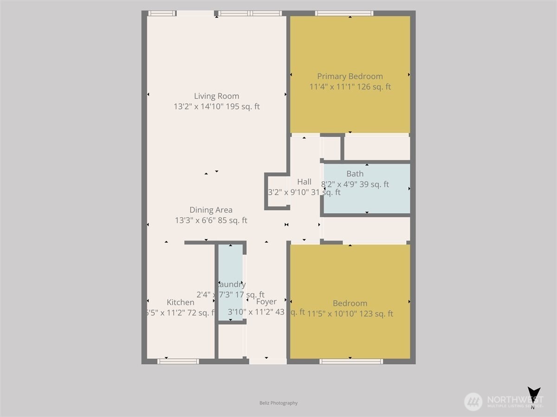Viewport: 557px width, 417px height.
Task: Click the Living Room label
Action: click(216, 96)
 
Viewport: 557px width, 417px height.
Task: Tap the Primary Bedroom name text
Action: click(350, 76)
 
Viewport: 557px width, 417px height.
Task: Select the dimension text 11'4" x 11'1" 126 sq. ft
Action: click(350, 87)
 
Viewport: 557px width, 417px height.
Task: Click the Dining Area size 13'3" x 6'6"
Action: click(211, 221)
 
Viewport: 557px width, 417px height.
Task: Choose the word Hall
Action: click(304, 182)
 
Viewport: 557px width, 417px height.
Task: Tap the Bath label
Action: click(355, 174)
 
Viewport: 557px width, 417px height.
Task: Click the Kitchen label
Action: click(181, 303)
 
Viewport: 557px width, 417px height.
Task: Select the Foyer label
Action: click(266, 302)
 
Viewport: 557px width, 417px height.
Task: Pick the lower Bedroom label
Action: click(350, 303)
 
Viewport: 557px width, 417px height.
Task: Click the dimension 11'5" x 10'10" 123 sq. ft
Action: click(350, 314)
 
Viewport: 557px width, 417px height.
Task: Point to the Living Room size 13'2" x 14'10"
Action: click(216, 107)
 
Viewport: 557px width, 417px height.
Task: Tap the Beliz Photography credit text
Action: click(278, 403)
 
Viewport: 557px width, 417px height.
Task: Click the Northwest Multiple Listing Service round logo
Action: click(473, 401)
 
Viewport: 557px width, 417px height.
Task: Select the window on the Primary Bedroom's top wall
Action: click(344, 13)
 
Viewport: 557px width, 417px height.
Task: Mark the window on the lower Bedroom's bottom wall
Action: click(351, 361)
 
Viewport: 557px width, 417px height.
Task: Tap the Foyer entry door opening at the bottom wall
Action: click(267, 361)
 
